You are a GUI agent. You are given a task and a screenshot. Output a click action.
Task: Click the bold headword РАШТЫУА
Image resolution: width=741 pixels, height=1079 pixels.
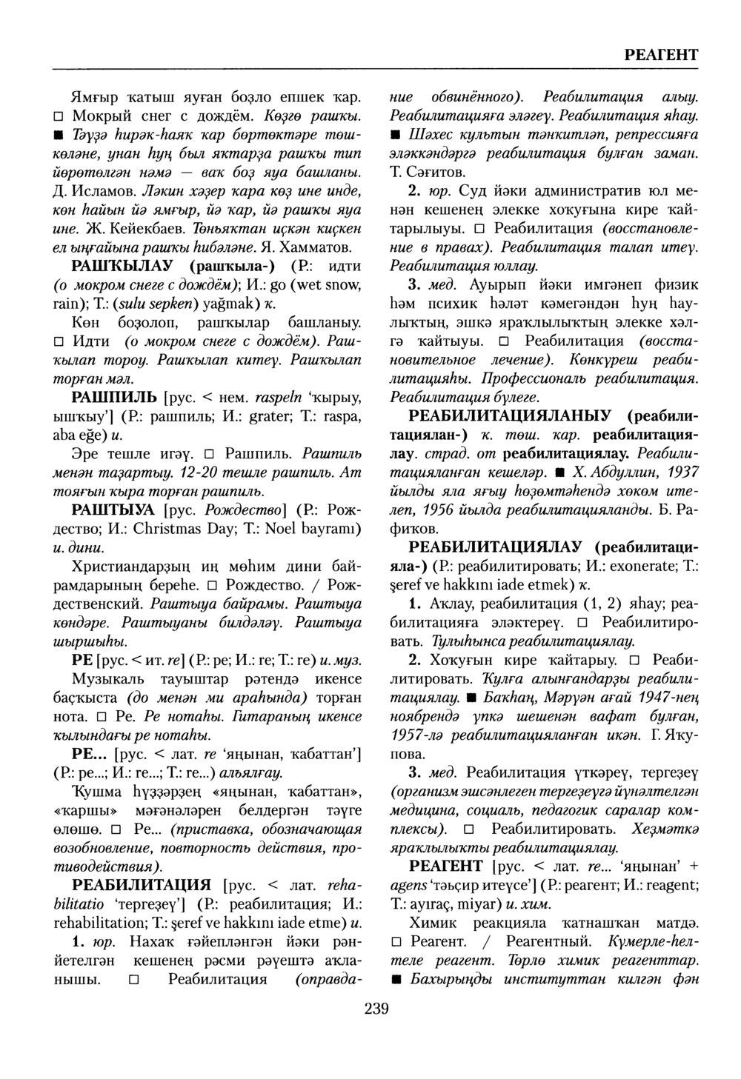coord(113,510)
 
